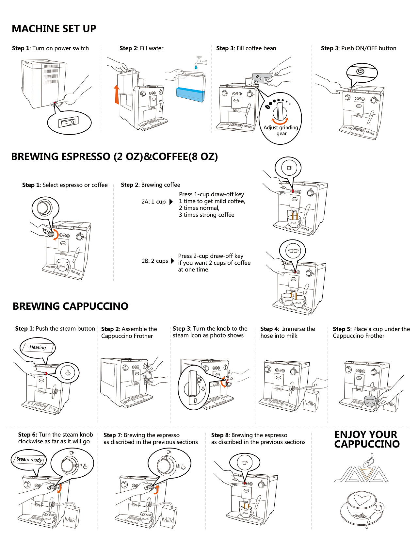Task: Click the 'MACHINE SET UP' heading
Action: (x=54, y=29)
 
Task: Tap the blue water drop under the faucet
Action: (x=196, y=67)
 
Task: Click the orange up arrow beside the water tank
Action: (x=117, y=94)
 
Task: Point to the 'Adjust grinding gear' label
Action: (x=281, y=130)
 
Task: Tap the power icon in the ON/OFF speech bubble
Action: (x=360, y=72)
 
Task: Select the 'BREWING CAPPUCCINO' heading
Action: (x=70, y=306)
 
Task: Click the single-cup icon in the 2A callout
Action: (x=289, y=168)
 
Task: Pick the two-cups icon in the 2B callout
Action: (x=292, y=251)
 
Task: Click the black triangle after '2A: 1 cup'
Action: (x=171, y=202)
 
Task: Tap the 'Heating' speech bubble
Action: (x=38, y=347)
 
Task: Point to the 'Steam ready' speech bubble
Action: (x=29, y=459)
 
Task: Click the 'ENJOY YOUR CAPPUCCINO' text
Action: (x=366, y=439)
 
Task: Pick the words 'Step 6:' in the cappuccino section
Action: (x=27, y=434)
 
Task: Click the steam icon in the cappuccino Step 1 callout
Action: (x=68, y=372)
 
